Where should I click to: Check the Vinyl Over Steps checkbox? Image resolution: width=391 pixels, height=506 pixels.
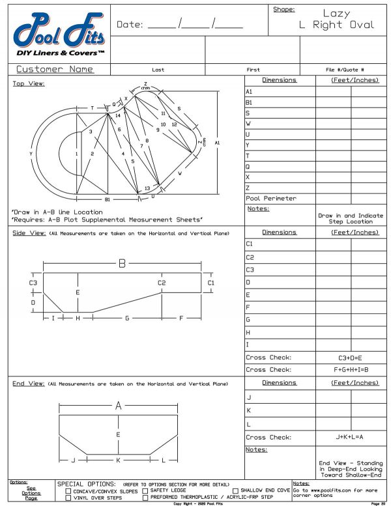[68, 498]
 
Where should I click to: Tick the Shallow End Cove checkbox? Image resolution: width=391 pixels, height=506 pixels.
[236, 490]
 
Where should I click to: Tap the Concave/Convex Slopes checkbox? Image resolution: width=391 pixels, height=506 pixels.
[68, 490]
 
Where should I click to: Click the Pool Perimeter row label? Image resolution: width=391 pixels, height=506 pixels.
[270, 198]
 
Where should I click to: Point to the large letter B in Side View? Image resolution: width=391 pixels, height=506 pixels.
[122, 263]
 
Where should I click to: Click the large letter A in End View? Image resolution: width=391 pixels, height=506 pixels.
[119, 406]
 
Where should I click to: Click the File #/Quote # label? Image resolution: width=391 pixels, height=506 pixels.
[345, 70]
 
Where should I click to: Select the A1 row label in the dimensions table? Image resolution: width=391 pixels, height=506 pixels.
[249, 92]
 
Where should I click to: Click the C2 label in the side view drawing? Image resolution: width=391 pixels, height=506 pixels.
[162, 283]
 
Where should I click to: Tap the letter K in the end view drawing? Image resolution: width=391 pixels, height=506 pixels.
[118, 460]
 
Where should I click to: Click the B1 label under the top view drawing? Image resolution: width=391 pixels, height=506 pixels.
[108, 199]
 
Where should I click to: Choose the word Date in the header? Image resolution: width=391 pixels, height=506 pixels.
[129, 25]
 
